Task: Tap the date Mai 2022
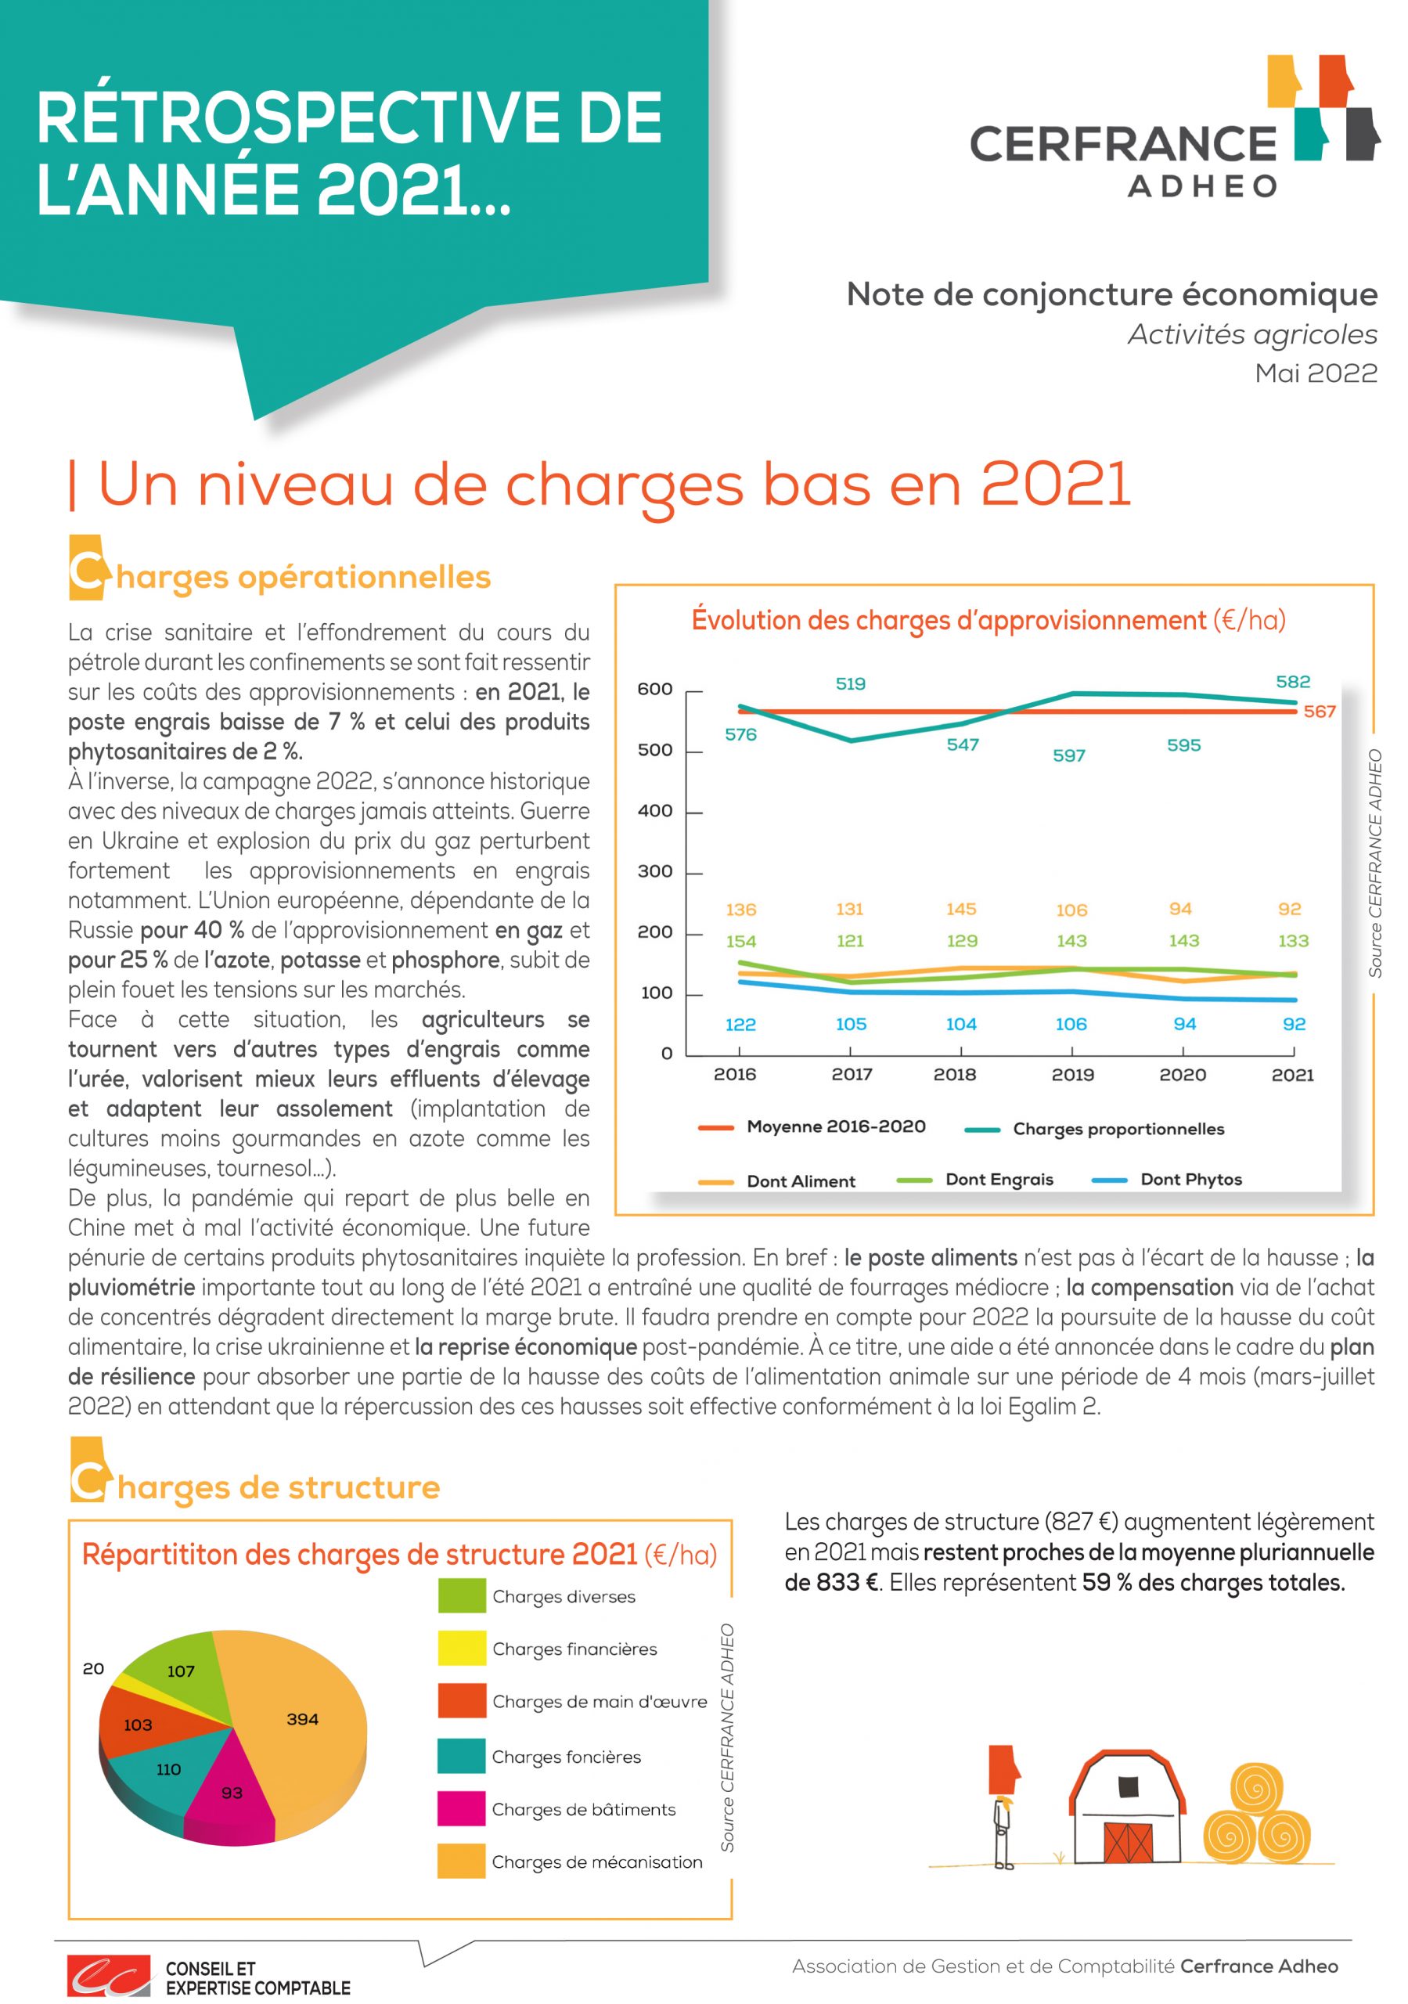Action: [1316, 373]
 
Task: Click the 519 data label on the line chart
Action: [850, 683]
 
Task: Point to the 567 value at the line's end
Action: [1319, 712]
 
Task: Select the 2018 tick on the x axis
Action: [954, 1075]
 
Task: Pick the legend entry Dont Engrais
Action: [975, 1179]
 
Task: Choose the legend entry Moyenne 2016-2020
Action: [812, 1126]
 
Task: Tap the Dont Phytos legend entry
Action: [1167, 1179]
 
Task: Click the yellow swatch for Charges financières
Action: [462, 1648]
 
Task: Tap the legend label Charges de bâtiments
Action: [584, 1809]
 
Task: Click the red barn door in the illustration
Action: [1129, 1842]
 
